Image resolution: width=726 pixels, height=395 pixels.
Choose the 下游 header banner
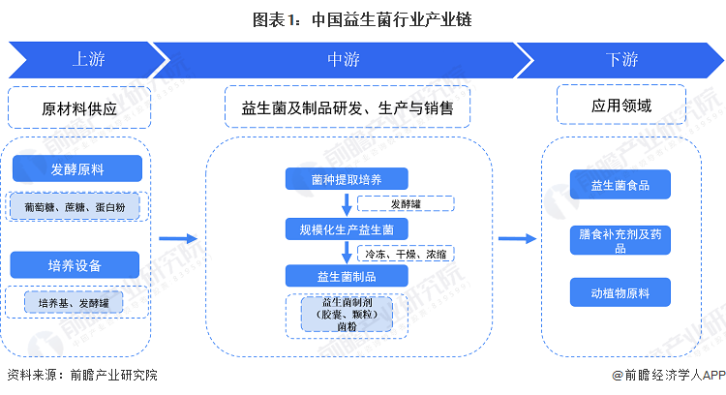(x=620, y=59)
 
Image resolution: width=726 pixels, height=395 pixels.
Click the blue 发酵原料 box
(x=77, y=170)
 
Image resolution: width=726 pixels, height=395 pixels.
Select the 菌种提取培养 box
(x=347, y=178)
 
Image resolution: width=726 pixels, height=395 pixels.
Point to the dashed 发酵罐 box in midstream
(x=406, y=203)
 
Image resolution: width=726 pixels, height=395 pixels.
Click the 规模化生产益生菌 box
(x=347, y=228)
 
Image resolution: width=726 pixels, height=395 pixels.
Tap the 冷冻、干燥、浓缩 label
(x=406, y=254)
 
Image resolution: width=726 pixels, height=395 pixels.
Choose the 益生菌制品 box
(x=347, y=277)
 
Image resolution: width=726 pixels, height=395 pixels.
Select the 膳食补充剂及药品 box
(x=620, y=240)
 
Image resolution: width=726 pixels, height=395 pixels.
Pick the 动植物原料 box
(x=620, y=291)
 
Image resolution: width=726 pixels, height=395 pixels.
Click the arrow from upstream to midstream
(x=178, y=238)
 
